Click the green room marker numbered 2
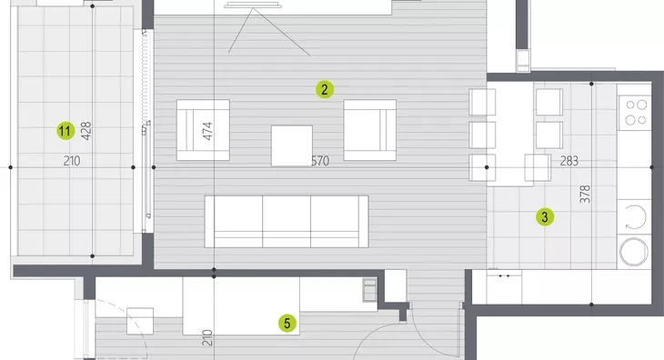tap(325, 89)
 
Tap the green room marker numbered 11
tap(65, 131)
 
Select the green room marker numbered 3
tap(545, 217)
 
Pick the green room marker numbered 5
tap(287, 324)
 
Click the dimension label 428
tap(86, 131)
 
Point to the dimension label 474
tap(207, 131)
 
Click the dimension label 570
tap(320, 161)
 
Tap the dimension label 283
tap(568, 161)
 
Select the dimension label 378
tap(585, 195)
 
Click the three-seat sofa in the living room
tap(287, 221)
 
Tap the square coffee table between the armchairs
tap(292, 145)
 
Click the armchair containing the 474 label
tap(203, 130)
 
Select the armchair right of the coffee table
tap(369, 130)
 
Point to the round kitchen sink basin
tap(634, 252)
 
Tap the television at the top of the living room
tap(252, 5)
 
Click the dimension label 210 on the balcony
tap(72, 161)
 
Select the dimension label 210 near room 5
tap(207, 337)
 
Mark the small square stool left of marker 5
tap(140, 321)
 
